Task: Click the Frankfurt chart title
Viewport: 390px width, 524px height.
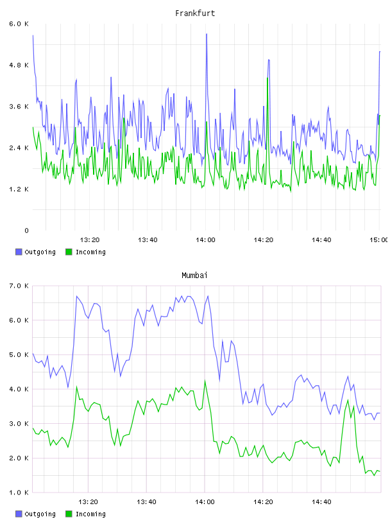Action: click(195, 13)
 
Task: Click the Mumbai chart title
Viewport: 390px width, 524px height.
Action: click(194, 275)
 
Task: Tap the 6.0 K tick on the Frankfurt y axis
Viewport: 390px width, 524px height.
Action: click(19, 24)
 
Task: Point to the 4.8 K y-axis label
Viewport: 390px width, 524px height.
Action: click(19, 65)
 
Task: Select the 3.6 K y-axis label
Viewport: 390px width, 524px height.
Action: click(19, 107)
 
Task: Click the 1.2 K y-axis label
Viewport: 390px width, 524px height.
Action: click(19, 189)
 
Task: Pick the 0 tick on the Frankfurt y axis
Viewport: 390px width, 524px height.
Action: click(26, 231)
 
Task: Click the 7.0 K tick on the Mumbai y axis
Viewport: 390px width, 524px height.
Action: click(19, 286)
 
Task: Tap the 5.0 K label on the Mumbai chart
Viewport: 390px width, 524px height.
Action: click(19, 354)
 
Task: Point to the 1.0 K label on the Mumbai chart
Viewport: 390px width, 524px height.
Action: click(19, 493)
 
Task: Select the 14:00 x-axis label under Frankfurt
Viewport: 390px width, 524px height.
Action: click(205, 240)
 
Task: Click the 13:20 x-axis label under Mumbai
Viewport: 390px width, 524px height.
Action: click(88, 502)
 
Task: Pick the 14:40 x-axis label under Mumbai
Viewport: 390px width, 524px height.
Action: click(321, 502)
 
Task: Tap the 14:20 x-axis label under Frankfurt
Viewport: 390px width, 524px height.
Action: click(264, 240)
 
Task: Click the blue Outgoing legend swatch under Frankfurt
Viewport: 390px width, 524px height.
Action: click(19, 252)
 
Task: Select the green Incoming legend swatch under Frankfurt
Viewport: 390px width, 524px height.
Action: click(69, 252)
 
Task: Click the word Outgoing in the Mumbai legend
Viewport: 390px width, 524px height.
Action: click(40, 514)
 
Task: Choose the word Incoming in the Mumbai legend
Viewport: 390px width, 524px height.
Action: click(90, 514)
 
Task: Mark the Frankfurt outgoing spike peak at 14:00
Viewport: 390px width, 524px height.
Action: click(207, 34)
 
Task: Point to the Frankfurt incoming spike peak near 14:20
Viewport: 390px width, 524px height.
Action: click(267, 78)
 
